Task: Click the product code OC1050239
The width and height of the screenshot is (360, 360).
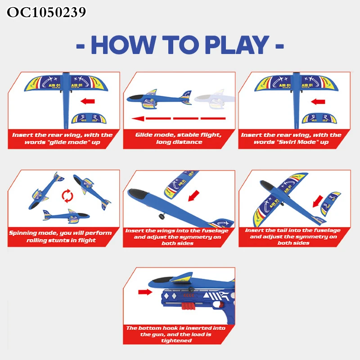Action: click(46, 12)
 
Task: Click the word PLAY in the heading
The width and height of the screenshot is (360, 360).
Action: click(237, 45)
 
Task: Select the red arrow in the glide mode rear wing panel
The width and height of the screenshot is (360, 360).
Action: click(88, 101)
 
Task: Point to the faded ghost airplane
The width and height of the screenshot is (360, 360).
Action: click(215, 99)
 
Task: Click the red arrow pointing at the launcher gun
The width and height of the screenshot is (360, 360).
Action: click(145, 292)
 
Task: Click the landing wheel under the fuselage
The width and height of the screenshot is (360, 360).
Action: click(162, 216)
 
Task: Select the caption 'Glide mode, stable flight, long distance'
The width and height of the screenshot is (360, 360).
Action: click(178, 138)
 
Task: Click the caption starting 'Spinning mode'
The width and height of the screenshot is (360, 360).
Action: click(60, 237)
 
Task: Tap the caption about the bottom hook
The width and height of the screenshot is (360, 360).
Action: click(175, 334)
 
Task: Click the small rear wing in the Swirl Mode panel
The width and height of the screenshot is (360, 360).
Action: click(319, 119)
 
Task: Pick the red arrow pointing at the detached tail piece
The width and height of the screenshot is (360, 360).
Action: click(318, 201)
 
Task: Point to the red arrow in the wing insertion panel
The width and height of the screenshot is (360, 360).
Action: click(193, 196)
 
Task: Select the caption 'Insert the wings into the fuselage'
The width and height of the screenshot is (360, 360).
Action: click(177, 237)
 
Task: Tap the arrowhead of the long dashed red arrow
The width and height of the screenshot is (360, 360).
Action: click(138, 118)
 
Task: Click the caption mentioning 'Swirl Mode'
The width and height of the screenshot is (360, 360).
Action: click(291, 138)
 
